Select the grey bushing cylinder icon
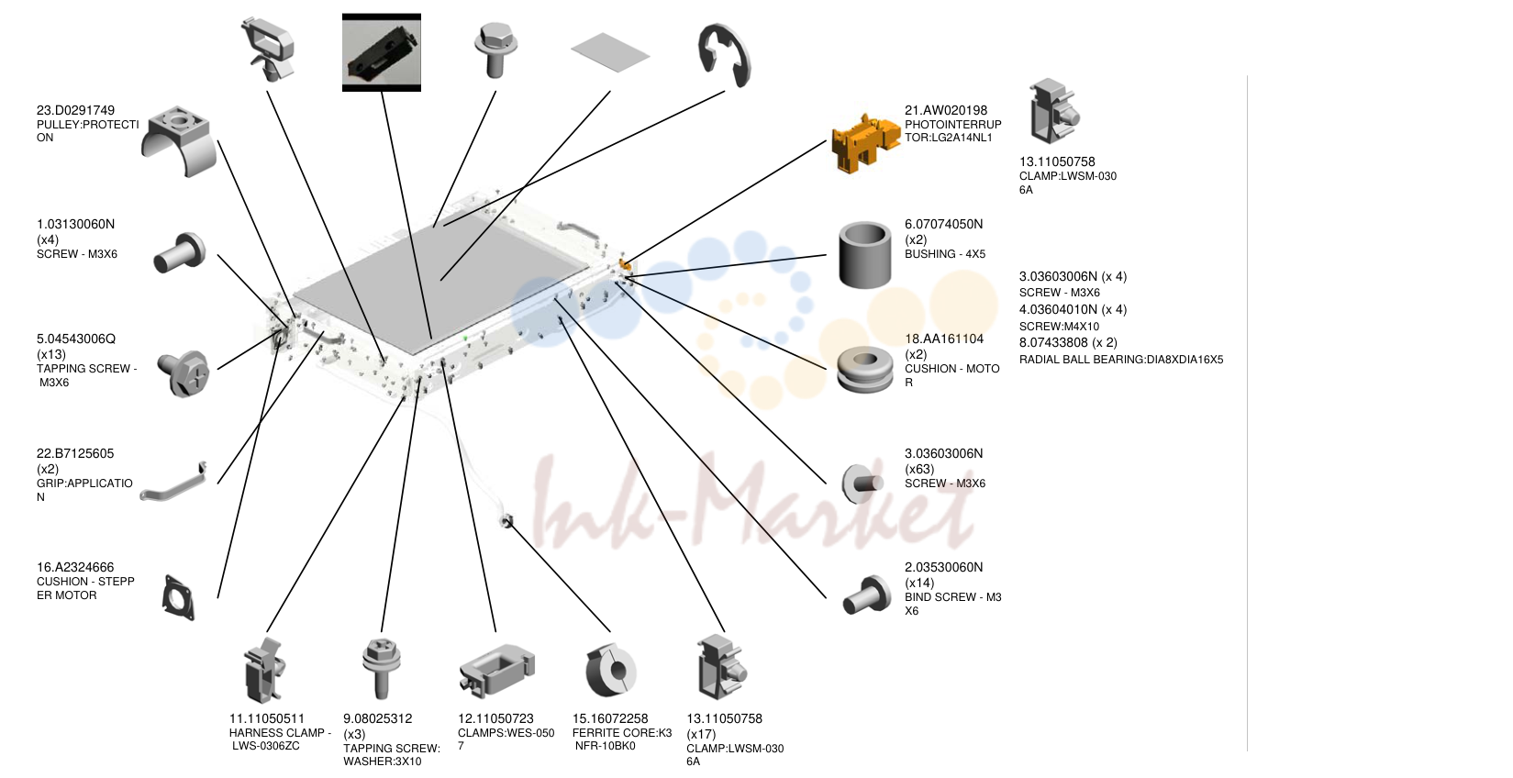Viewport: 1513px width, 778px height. (x=864, y=255)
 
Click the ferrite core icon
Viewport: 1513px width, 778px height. (x=610, y=670)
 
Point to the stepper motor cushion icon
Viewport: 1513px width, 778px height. (x=179, y=597)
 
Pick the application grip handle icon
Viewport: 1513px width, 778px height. (x=173, y=483)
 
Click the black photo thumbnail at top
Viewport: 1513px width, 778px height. (x=382, y=52)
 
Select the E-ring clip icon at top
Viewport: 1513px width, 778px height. (x=725, y=55)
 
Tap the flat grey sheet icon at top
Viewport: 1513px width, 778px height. (x=610, y=52)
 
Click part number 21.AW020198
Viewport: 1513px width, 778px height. (x=946, y=110)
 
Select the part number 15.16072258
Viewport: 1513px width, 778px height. (x=610, y=718)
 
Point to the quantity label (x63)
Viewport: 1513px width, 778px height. (x=919, y=469)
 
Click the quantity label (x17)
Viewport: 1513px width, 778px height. (x=701, y=734)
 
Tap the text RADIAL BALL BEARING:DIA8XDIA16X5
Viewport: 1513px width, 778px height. (x=1121, y=360)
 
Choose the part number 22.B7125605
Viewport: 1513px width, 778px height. (x=75, y=453)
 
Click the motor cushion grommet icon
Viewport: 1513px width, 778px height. (x=864, y=369)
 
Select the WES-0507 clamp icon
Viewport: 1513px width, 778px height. (x=496, y=670)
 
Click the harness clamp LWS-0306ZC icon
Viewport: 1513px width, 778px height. (x=265, y=670)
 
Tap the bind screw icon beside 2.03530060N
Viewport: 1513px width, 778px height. (x=866, y=595)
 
